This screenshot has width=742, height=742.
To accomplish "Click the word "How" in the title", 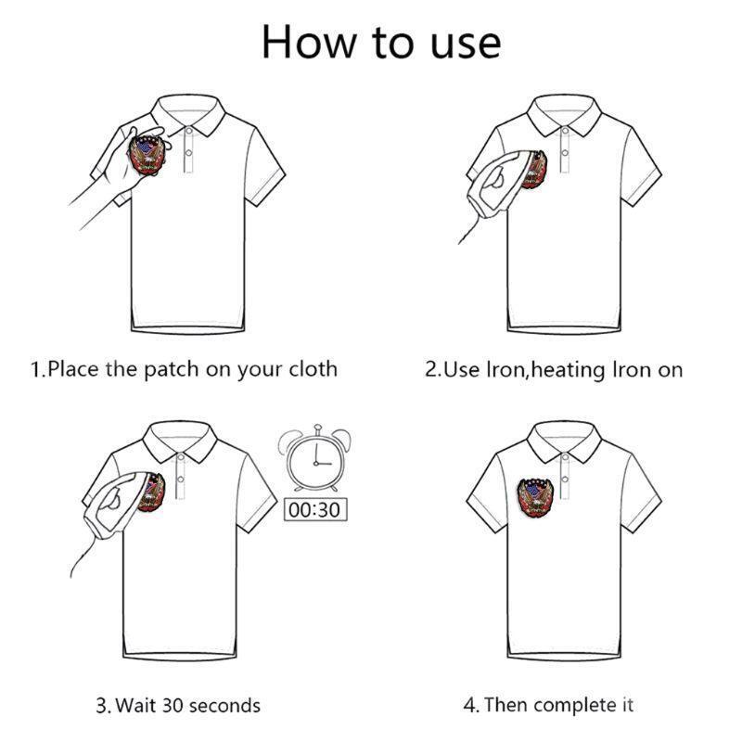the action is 309,43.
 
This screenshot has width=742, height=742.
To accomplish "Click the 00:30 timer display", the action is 315,509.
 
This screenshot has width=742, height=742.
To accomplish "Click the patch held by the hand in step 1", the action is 147,155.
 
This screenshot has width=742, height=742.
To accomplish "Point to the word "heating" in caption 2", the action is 569,370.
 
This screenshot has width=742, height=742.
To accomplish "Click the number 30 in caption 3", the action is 173,706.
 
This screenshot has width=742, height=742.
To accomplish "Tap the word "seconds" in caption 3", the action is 224,706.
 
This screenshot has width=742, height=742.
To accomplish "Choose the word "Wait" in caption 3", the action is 135,706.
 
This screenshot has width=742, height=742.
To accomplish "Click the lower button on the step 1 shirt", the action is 188,152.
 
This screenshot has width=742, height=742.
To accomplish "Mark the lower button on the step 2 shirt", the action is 565,152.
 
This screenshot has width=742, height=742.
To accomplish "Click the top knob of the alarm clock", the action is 317,428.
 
